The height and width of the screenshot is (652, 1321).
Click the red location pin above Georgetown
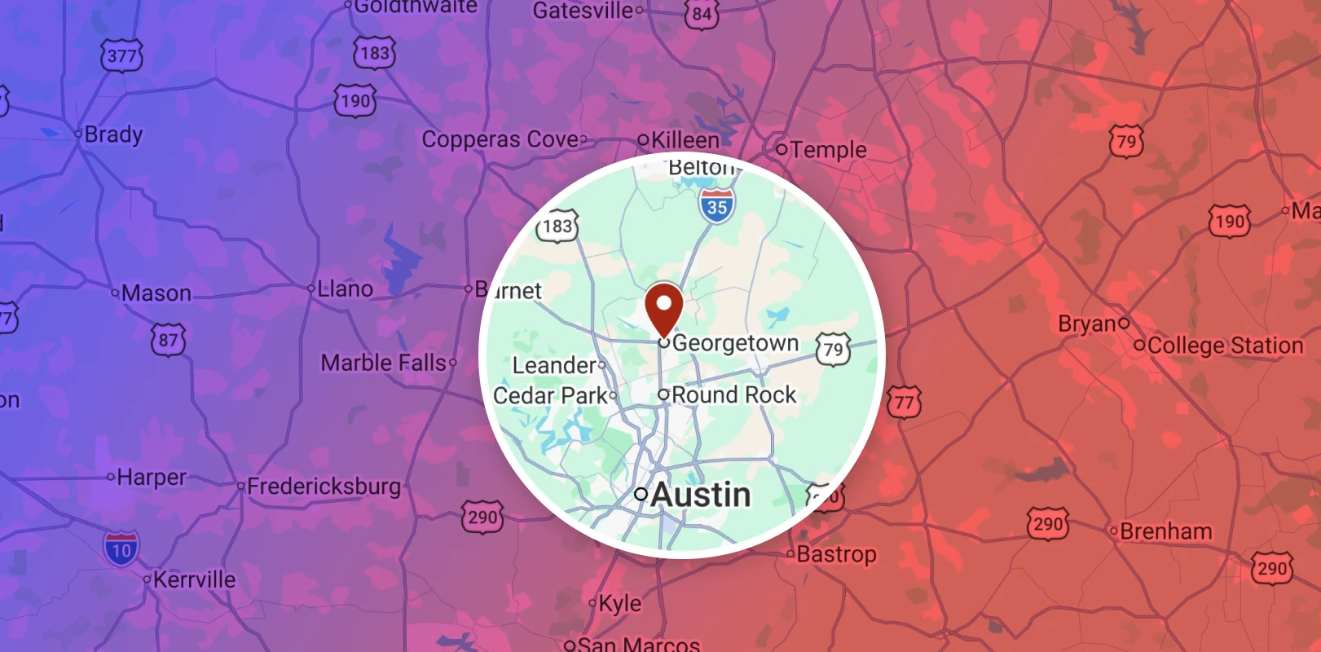coord(663,308)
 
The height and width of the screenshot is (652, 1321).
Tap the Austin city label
coord(700,495)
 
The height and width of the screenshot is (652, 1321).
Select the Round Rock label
coord(733,394)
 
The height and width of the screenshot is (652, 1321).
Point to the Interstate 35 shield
coord(717,206)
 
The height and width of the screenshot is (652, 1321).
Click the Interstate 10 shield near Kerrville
coord(121,548)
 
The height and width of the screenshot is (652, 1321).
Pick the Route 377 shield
coord(122,56)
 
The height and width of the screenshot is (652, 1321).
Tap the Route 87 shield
coord(169,340)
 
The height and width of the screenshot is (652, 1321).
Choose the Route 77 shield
coord(904,402)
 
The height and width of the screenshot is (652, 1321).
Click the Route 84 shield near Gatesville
coord(702,14)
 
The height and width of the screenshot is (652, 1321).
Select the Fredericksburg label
coord(324,487)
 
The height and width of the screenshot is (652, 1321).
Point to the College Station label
coord(1225,346)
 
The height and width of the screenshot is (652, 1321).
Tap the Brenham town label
coord(1165,531)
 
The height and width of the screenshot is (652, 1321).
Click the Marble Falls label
coord(383,363)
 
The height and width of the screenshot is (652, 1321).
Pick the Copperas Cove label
coord(500,139)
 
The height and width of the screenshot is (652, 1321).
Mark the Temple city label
coord(828,149)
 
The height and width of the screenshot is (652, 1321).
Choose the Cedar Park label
coord(550,395)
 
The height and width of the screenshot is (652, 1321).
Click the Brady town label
coord(113,134)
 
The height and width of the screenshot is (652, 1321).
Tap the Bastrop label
coord(836,554)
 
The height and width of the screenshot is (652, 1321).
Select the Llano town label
coord(345,289)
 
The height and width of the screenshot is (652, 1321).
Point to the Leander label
coord(554,365)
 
